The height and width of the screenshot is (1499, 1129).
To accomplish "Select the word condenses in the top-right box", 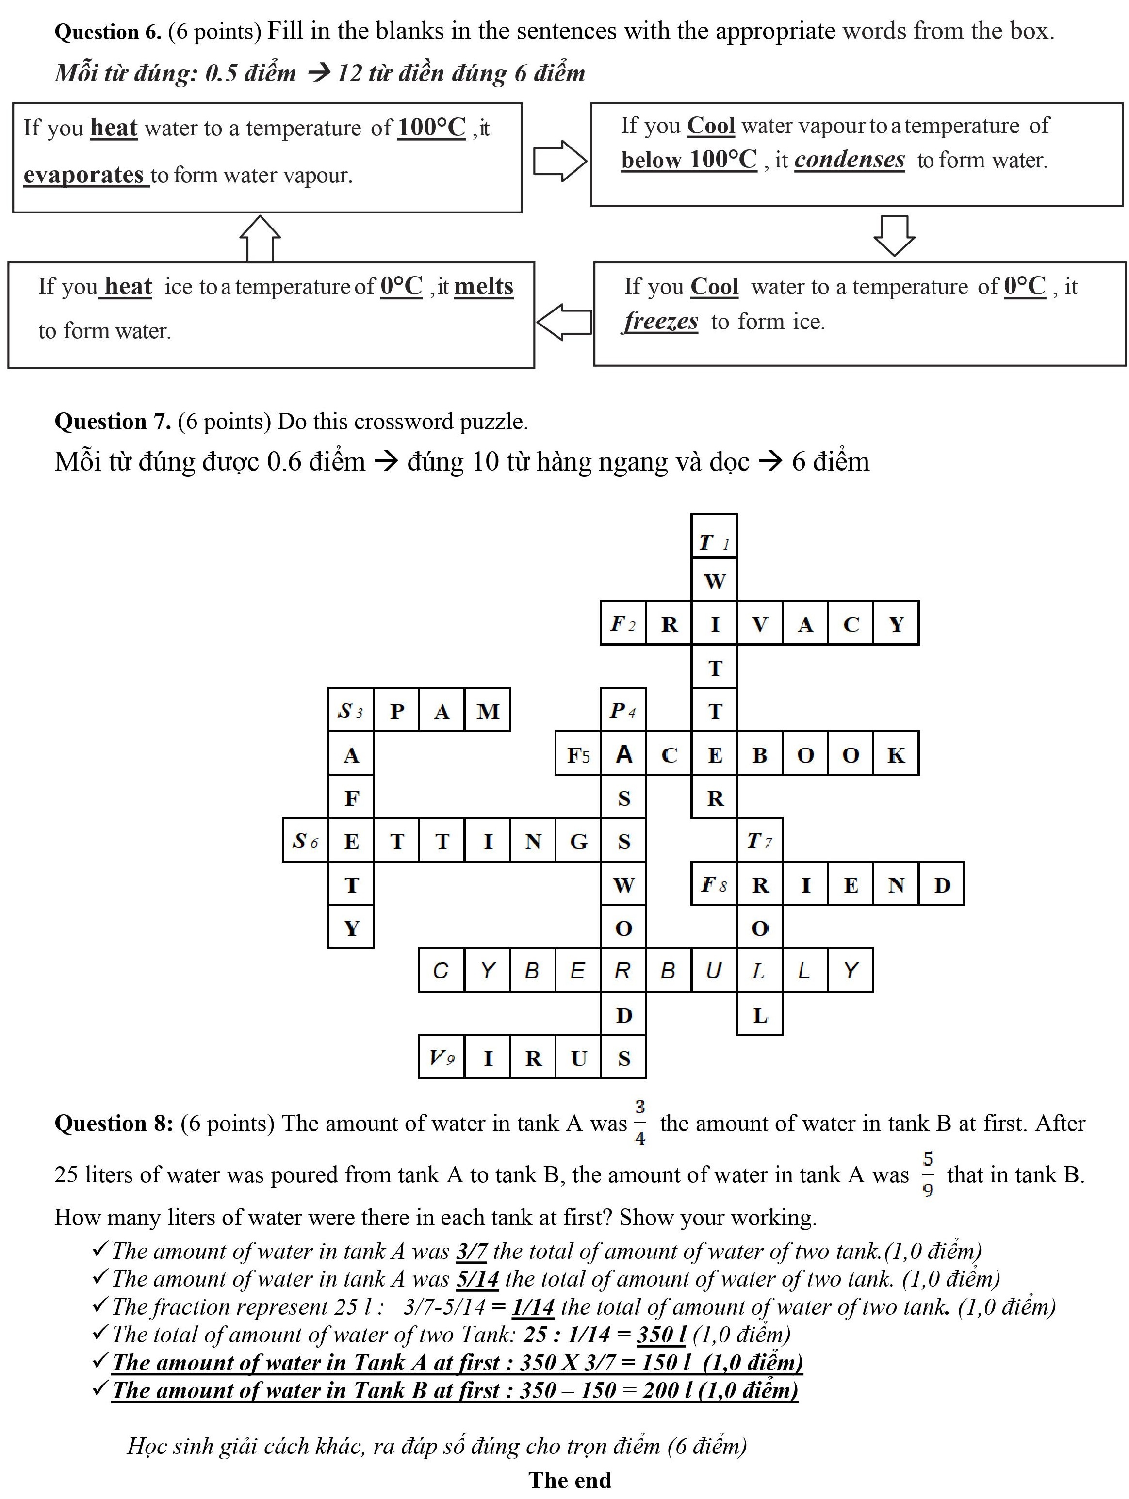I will pos(849,160).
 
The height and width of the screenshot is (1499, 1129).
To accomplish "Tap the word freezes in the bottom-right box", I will pos(661,321).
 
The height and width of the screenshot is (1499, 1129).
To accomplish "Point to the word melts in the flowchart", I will pos(483,287).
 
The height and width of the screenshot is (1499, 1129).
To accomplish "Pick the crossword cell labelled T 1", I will pos(714,537).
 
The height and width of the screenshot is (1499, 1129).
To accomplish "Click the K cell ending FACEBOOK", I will pos(896,754).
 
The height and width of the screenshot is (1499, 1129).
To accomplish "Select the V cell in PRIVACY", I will pos(760,623).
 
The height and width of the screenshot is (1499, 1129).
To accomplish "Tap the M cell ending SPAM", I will pos(487,711).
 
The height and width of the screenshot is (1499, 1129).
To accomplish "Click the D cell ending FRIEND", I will pos(941,884).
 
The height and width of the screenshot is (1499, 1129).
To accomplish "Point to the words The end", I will pos(570,1480).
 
